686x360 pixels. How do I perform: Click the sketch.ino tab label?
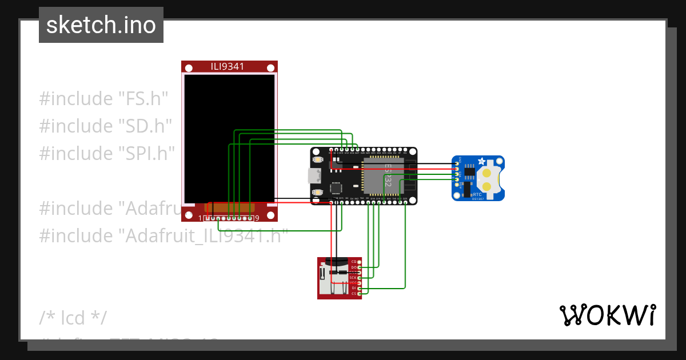[101, 25]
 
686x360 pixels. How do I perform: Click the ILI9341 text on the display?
[228, 66]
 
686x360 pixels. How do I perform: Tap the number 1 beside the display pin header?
[200, 218]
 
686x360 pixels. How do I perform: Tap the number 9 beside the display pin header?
[257, 218]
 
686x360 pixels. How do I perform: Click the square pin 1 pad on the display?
[208, 218]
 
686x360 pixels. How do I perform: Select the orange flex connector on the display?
[229, 207]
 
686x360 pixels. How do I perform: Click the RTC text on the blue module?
[477, 194]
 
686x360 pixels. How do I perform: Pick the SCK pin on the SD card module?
[353, 278]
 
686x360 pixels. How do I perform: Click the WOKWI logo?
[607, 315]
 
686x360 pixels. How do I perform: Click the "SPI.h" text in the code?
[145, 153]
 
